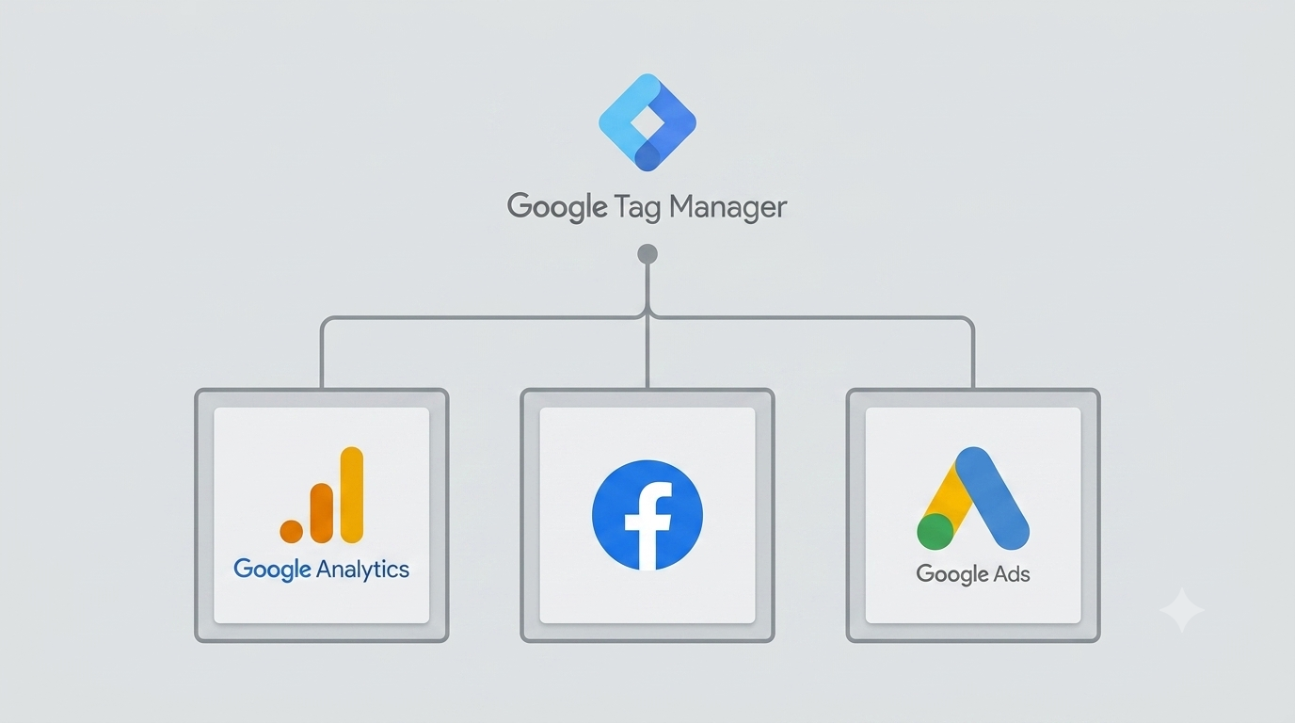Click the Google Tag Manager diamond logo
[647, 122]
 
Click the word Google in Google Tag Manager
[557, 206]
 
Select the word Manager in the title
[727, 207]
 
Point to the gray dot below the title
[647, 254]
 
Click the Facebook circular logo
[647, 515]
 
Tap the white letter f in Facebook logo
[648, 525]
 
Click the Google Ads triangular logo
[973, 498]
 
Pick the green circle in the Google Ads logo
[935, 532]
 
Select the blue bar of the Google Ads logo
[992, 498]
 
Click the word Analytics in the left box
[362, 570]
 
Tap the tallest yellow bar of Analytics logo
[351, 494]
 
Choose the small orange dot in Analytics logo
[292, 532]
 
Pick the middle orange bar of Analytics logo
[322, 513]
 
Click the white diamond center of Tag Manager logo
[647, 122]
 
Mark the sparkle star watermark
[1182, 610]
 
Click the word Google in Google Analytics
[272, 570]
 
